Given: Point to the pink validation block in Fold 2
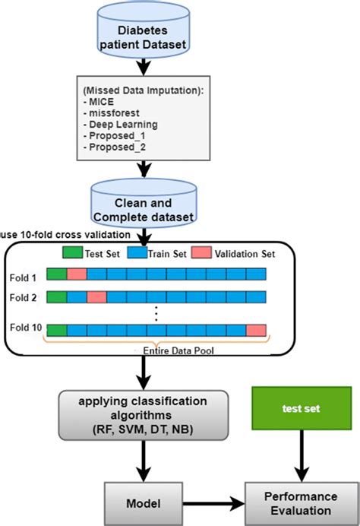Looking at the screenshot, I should click(x=96, y=296).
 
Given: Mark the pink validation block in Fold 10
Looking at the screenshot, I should click(x=256, y=330).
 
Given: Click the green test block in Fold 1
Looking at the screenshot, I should click(x=56, y=275).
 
